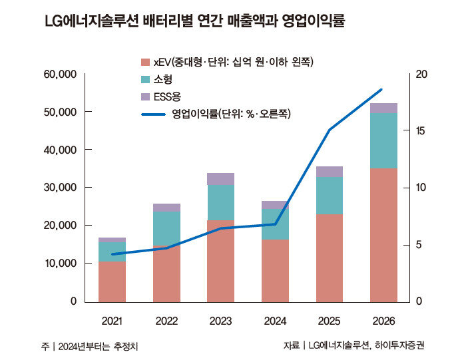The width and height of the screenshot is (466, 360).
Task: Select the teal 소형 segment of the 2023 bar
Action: coord(220,202)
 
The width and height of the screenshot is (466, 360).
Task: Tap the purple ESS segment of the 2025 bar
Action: coord(329,172)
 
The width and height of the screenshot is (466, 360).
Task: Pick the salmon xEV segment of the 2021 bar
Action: coord(112,281)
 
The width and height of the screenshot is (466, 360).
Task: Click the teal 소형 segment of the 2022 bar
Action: coord(166,228)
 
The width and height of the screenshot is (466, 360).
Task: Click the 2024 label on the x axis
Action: coord(274,321)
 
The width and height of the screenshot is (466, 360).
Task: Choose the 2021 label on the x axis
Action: coord(112,321)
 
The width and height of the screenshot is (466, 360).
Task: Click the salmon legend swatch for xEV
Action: coord(145,63)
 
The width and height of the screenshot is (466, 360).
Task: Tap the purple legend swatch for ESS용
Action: coord(145,97)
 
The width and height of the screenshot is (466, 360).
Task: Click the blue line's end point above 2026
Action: coord(382,89)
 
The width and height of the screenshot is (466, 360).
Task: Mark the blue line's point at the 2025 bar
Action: coord(329,130)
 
